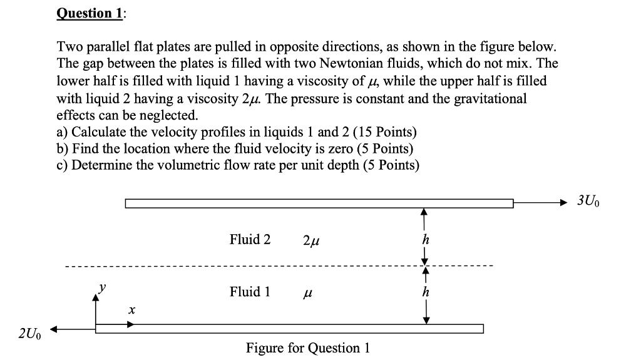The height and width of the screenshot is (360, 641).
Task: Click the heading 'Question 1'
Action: click(90, 13)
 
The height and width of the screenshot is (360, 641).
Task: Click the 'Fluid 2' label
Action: click(250, 239)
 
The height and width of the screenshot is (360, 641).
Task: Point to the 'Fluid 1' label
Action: click(250, 291)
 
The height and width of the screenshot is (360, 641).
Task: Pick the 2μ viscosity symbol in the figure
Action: click(312, 240)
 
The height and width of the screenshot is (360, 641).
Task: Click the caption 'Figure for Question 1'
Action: click(307, 347)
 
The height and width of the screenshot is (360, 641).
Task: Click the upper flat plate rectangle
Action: click(319, 203)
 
